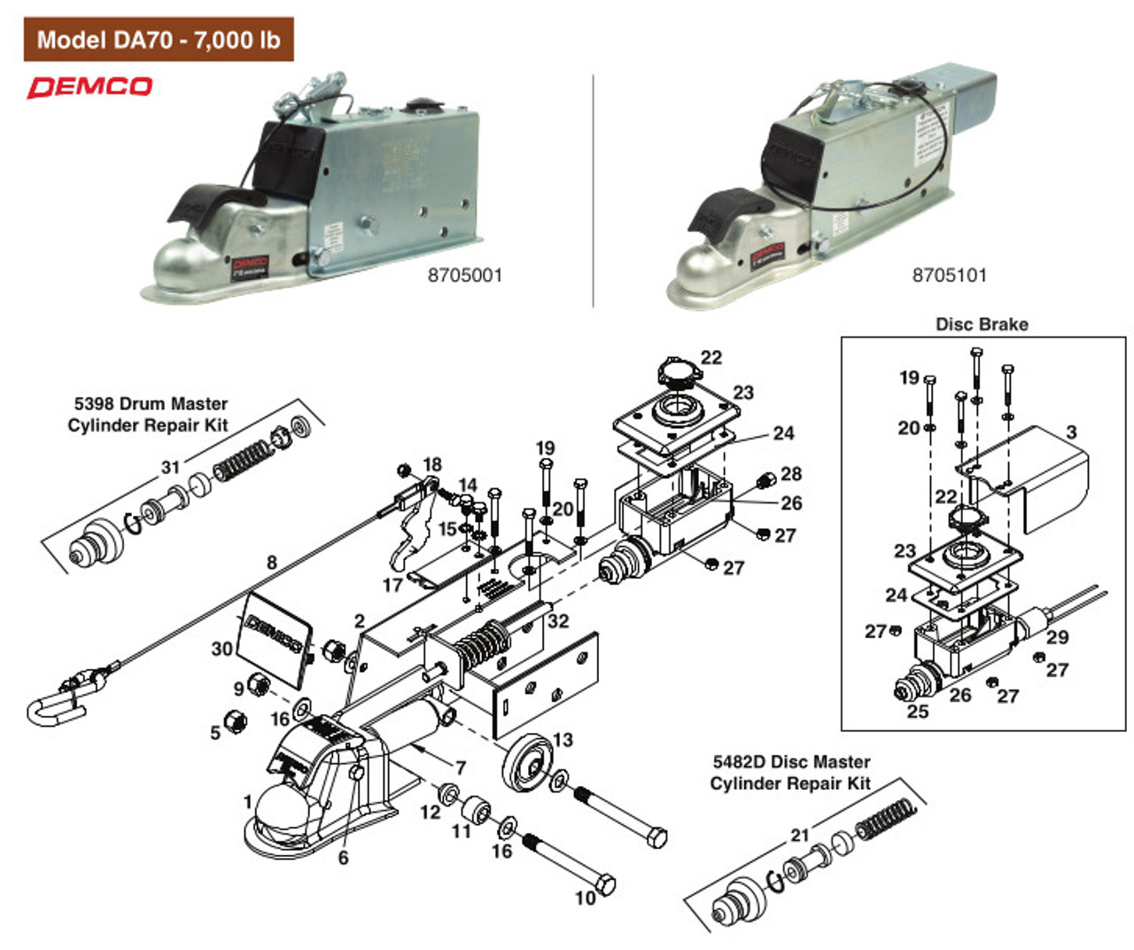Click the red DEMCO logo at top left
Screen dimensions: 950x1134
click(x=89, y=87)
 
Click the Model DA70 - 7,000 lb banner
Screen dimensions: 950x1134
click(x=158, y=40)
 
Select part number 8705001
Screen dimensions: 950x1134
click(x=464, y=276)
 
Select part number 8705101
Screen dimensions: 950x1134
click(x=949, y=276)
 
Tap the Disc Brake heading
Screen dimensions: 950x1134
click(x=982, y=324)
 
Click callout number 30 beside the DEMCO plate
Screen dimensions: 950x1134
click(x=221, y=649)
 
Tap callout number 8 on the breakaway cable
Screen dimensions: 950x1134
click(x=272, y=562)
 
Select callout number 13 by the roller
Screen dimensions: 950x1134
click(x=563, y=739)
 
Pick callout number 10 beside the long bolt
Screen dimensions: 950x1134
click(x=585, y=898)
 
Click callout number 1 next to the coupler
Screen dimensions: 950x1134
click(x=248, y=802)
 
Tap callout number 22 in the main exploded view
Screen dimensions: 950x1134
click(x=711, y=357)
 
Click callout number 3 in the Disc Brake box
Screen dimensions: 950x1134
click(x=1071, y=432)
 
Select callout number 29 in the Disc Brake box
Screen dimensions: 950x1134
click(x=1057, y=636)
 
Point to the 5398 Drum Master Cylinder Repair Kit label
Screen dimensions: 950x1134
click(x=148, y=415)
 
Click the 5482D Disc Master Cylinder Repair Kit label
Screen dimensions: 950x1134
click(x=790, y=773)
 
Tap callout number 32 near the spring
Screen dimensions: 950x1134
click(x=558, y=620)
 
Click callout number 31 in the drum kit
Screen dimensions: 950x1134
click(x=170, y=467)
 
